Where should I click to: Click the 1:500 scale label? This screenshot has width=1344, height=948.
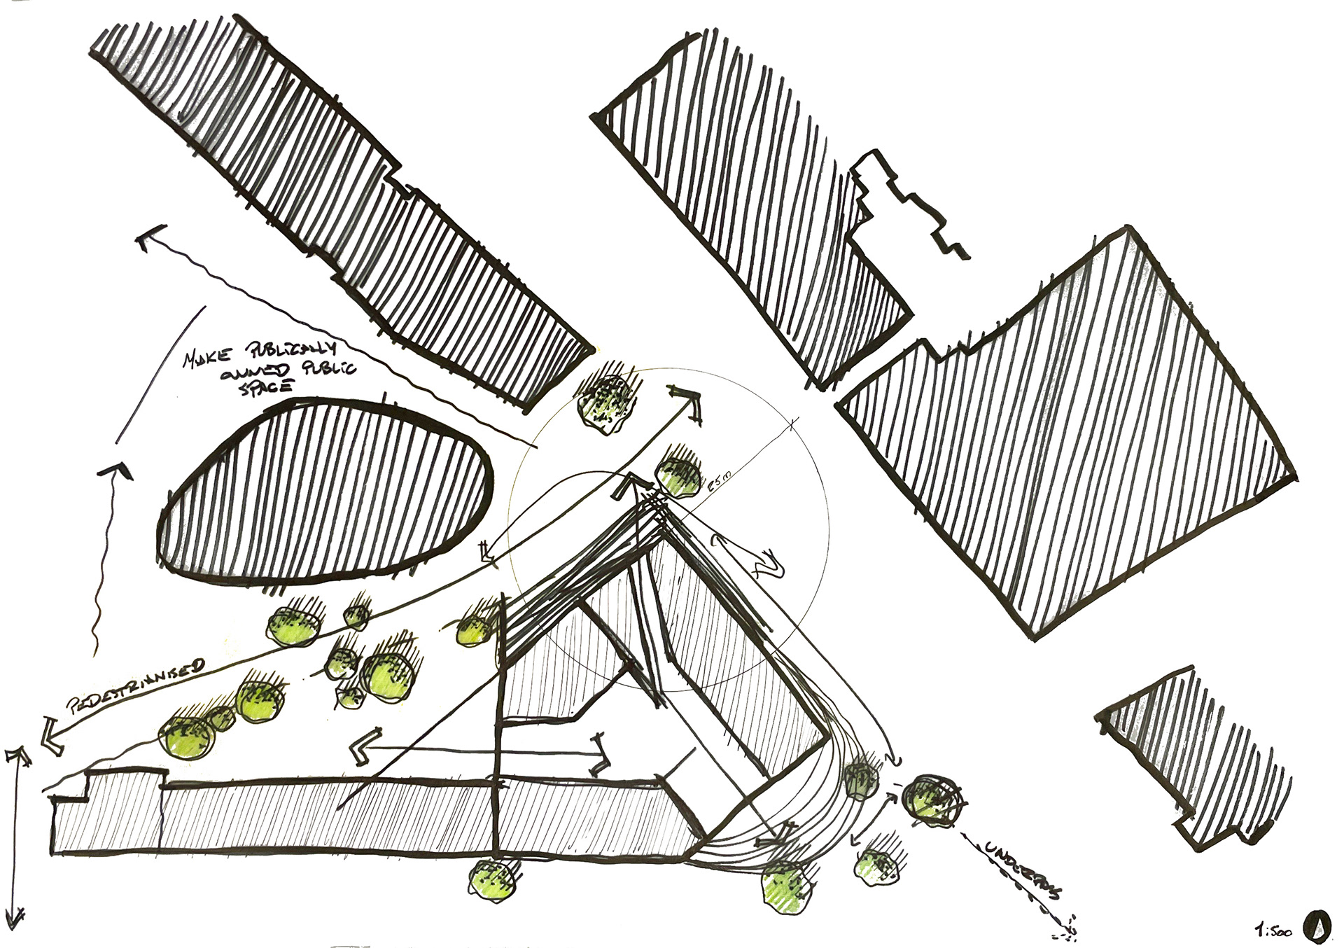click(x=1272, y=931)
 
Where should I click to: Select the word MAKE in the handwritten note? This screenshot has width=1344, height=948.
click(x=203, y=358)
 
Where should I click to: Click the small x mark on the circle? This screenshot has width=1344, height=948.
click(x=793, y=424)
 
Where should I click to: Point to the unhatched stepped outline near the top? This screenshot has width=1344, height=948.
click(x=910, y=203)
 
